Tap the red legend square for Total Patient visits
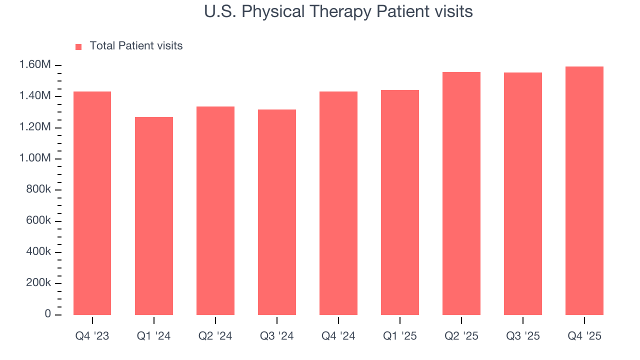pos(78,46)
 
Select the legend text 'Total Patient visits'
pos(136,46)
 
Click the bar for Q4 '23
pos(92,203)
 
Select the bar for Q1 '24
pos(154,216)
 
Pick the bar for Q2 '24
pos(215,210)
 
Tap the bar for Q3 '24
pos(277,212)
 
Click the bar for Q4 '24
pos(338,203)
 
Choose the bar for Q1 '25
pos(400,202)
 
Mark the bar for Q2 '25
pos(461,193)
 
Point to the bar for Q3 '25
pos(523,193)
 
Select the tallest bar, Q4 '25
pos(584,190)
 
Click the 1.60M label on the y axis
pos(34,65)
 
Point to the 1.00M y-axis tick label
pos(34,158)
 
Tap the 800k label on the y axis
pos(38,189)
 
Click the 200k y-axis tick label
pos(38,283)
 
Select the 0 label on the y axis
pos(47,314)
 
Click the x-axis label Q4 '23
pos(92,336)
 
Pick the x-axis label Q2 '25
pos(461,336)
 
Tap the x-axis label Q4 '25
pos(584,336)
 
